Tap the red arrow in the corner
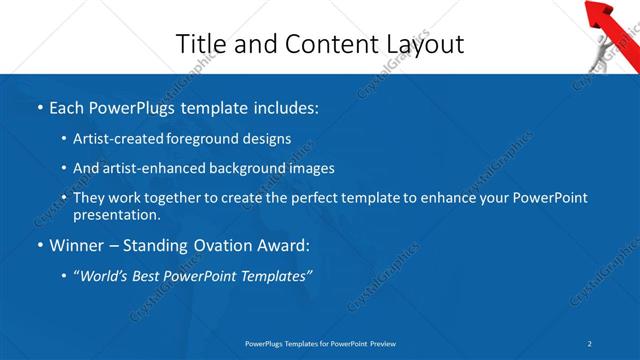coord(608,14)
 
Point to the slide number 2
coord(590,344)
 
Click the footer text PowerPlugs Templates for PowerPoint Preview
coord(320,344)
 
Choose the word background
coord(237,168)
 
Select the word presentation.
coord(116,215)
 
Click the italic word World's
coord(107,276)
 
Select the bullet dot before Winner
coord(40,246)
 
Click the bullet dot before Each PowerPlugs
coord(40,106)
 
